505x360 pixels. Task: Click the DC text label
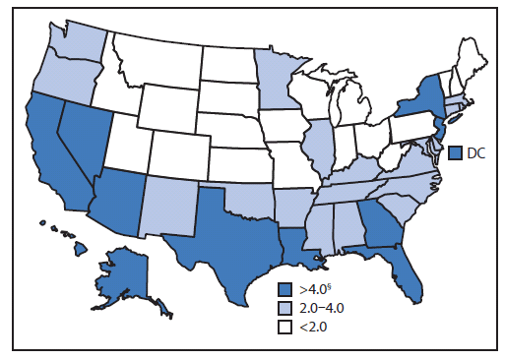click(x=477, y=153)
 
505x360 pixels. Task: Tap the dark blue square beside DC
click(x=455, y=152)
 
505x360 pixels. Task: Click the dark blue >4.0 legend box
click(x=284, y=289)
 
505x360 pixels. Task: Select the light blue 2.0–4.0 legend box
click(x=284, y=307)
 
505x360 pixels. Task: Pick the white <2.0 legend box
click(x=284, y=326)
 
